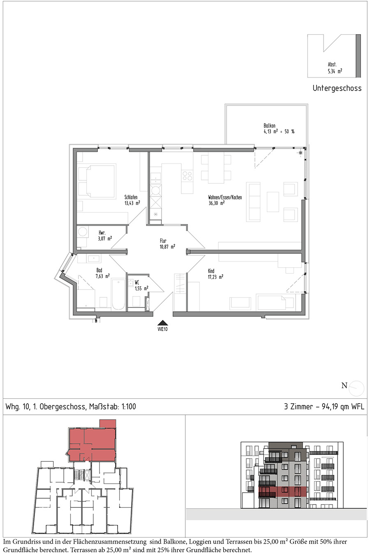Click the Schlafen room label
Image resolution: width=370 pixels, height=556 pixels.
131,197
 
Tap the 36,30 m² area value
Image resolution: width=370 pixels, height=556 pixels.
216,203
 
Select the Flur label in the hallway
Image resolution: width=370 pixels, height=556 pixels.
163,241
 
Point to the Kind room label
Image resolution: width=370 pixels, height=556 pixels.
211,271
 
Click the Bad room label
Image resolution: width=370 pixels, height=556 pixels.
99,270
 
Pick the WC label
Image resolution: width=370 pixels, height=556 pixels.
137,283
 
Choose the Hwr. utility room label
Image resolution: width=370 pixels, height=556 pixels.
102,233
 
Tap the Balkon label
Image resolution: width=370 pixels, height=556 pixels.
269,126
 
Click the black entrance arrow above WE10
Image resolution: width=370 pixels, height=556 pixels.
162,322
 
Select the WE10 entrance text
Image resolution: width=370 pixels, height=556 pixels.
162,329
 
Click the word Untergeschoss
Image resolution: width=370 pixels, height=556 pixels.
337,88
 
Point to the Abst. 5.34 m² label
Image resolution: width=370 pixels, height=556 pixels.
335,68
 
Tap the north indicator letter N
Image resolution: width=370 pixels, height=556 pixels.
344,385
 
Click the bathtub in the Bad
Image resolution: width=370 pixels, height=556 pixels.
118,294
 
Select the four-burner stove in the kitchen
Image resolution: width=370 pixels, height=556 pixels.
187,176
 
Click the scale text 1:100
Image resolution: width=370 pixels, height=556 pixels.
129,406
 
